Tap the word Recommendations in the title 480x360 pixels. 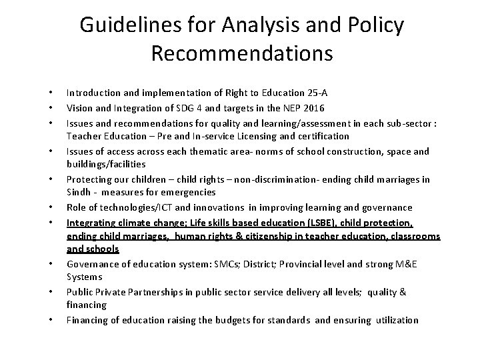pos(241,53)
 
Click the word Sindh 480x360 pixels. pos(79,193)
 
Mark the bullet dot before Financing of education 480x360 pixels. pos(50,321)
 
